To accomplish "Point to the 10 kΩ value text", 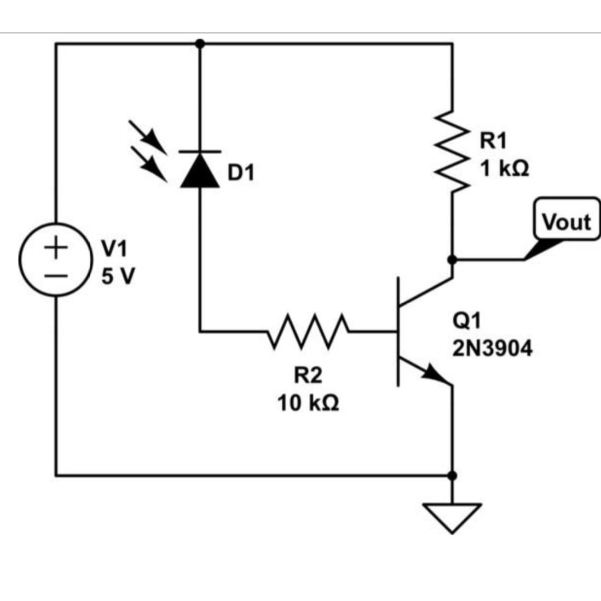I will point(308,403).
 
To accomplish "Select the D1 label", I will point(241,173).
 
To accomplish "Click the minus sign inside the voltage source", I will point(55,274).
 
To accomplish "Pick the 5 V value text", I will point(117,276).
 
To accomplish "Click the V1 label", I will point(114,249).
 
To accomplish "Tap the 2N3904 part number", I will point(492,348).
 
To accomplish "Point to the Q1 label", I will point(466,320).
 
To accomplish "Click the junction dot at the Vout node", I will point(452,259).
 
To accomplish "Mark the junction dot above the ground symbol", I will point(452,475).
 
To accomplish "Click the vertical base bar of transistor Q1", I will point(398,331).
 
